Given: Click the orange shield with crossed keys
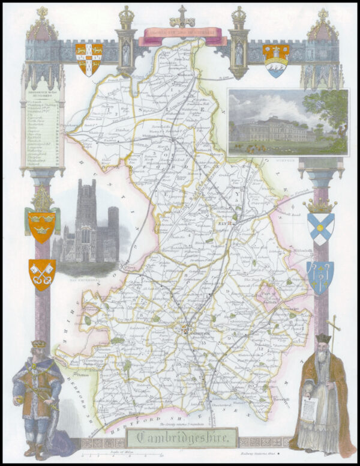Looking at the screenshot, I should [x=42, y=274].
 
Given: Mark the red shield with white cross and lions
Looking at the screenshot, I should [x=89, y=59].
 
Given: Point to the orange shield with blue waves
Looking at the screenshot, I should [x=275, y=59].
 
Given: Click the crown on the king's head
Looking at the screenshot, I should [x=38, y=345].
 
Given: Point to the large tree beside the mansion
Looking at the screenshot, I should [x=332, y=111].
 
